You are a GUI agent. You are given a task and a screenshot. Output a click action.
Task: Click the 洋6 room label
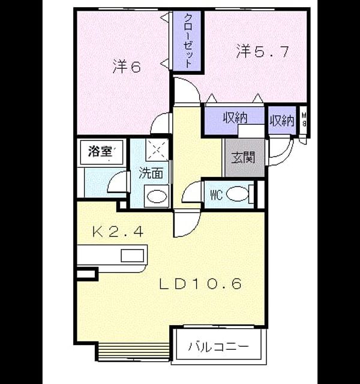pos(127,67)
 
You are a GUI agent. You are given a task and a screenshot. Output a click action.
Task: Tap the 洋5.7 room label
pos(263,52)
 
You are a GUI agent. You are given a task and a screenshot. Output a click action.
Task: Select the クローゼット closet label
pos(187,41)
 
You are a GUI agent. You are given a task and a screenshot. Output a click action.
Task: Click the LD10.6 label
pos(200,284)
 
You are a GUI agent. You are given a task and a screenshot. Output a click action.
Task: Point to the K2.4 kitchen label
pos(118,232)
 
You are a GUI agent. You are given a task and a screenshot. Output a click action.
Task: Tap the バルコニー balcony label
pos(218,347)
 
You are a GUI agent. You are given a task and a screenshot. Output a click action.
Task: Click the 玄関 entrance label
pos(244,157)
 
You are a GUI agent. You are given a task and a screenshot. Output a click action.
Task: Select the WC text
pos(216,195)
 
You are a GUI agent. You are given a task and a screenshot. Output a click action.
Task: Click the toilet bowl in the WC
pos(237,194)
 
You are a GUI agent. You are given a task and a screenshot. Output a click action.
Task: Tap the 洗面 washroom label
pos(151,173)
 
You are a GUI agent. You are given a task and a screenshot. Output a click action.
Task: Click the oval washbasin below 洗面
pos(157,196)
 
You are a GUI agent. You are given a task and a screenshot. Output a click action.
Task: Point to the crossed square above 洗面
pos(157,149)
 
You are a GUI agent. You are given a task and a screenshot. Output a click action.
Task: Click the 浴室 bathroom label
pos(100,151)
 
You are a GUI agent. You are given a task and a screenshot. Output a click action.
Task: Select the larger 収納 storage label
pos(235,118)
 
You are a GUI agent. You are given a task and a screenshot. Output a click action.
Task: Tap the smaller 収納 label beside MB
pos(282,120)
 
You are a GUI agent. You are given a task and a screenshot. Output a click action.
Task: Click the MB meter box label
pos(304,119)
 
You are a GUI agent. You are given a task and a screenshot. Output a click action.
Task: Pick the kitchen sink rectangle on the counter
pos(132,256)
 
